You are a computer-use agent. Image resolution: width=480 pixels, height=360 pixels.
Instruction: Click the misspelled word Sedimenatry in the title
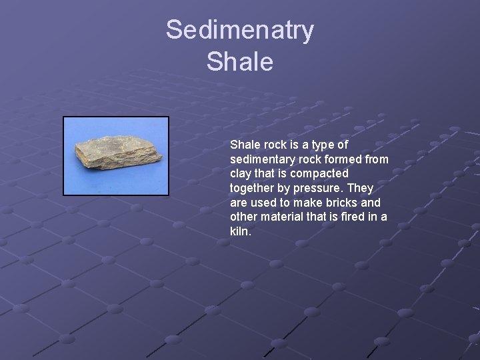click(240, 31)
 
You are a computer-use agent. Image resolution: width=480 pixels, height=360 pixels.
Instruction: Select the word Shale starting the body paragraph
click(244, 144)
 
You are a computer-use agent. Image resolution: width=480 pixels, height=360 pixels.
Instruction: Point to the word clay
click(241, 173)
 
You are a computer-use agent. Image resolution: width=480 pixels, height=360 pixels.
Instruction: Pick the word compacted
click(315, 173)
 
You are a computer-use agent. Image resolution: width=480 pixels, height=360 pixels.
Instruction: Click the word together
click(254, 188)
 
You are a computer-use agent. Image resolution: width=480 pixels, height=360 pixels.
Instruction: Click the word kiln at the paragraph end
click(240, 232)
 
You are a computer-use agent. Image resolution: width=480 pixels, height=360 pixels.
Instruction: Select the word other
click(244, 217)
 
